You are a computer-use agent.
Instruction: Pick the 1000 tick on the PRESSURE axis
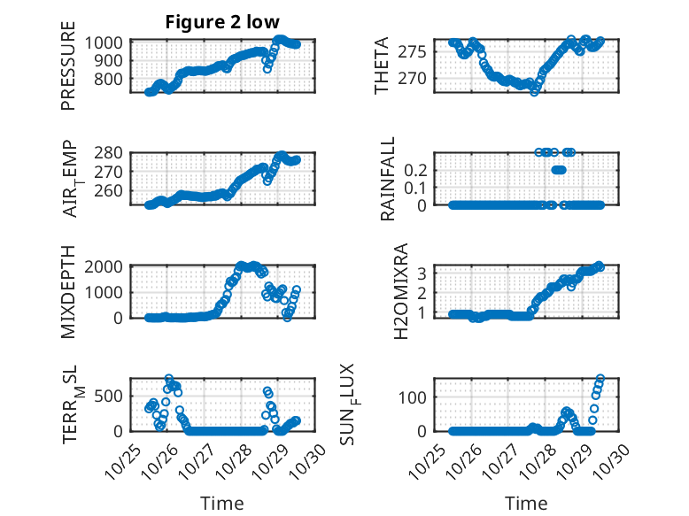click(108, 42)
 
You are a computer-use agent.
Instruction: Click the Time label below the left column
click(216, 504)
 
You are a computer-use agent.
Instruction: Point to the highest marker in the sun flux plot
click(600, 379)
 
